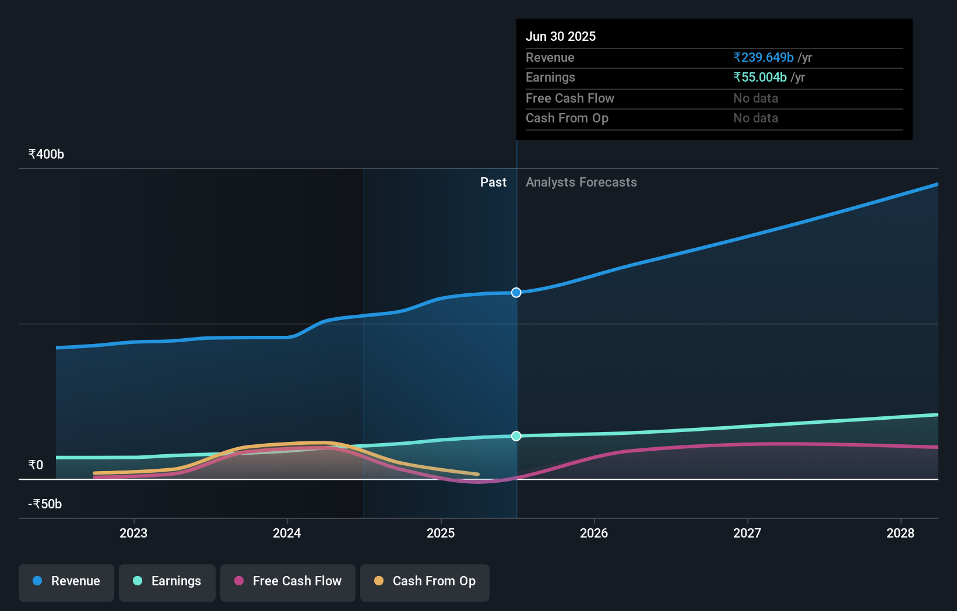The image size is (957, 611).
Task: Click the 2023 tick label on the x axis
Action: tap(133, 533)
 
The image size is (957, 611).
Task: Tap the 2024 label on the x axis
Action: tap(287, 533)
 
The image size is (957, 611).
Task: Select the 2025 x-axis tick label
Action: tap(441, 533)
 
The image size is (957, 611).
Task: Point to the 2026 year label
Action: tap(594, 533)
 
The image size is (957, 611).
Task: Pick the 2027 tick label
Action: tap(747, 533)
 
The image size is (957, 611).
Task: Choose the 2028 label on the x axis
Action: tap(900, 533)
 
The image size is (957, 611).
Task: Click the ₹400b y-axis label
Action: tap(46, 154)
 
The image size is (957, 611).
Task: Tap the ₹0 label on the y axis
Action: tap(36, 465)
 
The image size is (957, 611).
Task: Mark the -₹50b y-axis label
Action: tap(45, 504)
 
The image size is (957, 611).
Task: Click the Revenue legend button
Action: tap(66, 581)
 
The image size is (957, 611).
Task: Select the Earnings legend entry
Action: tap(167, 581)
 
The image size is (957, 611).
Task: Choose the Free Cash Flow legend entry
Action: tap(288, 581)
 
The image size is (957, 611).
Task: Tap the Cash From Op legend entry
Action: tap(425, 581)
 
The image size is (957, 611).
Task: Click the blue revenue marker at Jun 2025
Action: tap(516, 293)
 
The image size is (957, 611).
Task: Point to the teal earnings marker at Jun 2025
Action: tap(516, 436)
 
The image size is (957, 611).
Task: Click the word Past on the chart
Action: tap(493, 182)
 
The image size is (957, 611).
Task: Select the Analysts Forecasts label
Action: tap(581, 182)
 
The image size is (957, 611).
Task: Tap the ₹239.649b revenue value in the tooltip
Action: tap(764, 58)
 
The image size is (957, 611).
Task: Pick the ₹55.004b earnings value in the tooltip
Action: tap(760, 78)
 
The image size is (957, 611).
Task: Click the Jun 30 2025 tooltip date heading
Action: tap(561, 37)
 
